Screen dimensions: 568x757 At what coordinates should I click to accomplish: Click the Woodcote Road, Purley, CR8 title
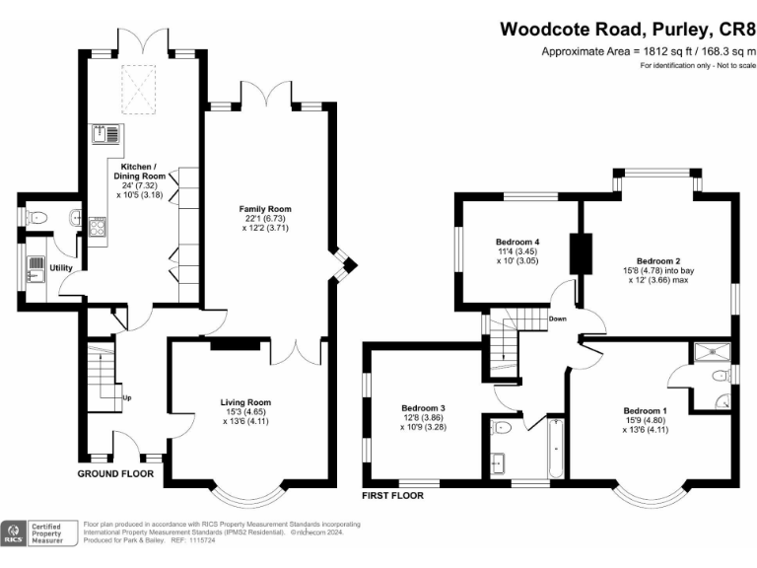(x=627, y=30)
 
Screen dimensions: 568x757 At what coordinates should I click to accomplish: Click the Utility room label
(x=61, y=267)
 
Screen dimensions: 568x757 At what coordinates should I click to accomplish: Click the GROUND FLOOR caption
(x=116, y=473)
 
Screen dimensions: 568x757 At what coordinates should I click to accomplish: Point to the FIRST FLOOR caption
(x=393, y=495)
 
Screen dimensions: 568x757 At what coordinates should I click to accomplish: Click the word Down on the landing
(x=558, y=319)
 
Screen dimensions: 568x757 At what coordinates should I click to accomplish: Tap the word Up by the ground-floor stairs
(x=126, y=398)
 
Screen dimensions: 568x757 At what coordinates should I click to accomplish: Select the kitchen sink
(x=104, y=134)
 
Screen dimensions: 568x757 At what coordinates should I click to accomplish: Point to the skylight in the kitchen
(x=141, y=90)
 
